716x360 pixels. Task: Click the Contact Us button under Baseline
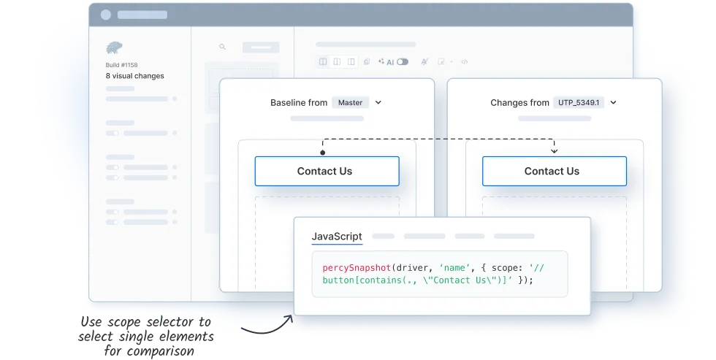(x=327, y=171)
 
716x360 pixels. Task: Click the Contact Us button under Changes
(x=555, y=171)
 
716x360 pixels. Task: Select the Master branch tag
(x=350, y=103)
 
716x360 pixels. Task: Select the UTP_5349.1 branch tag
(x=579, y=103)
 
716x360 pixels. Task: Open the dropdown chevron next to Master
(x=378, y=103)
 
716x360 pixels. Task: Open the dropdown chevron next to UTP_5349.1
(x=613, y=103)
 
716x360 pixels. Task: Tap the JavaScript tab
(x=337, y=237)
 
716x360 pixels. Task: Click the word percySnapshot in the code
(x=357, y=268)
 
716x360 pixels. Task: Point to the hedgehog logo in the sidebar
(x=114, y=47)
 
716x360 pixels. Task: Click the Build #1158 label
(x=121, y=65)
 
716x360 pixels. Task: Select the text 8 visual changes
(x=134, y=76)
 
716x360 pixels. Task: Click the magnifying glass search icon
(x=222, y=47)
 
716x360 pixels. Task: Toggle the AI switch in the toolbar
(x=403, y=61)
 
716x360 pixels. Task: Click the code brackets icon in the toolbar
(x=465, y=61)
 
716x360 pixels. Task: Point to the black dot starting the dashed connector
(x=323, y=153)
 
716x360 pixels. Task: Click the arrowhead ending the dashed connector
(x=555, y=151)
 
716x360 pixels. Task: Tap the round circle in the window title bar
(x=106, y=15)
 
